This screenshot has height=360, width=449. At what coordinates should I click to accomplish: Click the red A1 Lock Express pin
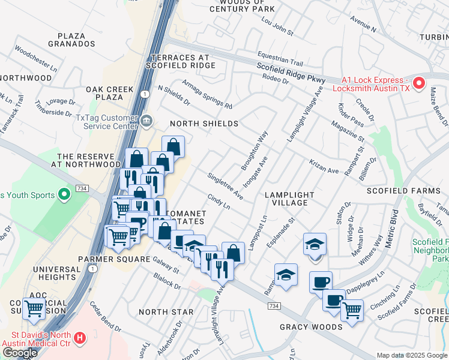[419, 83]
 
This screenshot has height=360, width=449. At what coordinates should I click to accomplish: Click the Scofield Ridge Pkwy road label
[291, 73]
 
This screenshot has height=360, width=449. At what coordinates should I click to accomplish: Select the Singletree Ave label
[225, 186]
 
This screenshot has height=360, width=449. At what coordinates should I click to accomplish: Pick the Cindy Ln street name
[218, 201]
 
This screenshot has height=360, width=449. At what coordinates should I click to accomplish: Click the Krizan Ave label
[324, 166]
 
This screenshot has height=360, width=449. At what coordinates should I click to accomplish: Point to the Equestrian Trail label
[280, 58]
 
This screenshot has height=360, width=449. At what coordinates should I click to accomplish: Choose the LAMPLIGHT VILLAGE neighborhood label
[290, 199]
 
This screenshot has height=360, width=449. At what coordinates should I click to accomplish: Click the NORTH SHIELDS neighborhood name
[204, 124]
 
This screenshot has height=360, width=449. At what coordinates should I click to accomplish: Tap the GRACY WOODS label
[311, 327]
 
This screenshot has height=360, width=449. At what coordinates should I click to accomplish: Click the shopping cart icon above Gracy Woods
[352, 310]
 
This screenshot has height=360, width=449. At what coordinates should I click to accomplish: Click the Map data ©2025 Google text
[411, 355]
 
